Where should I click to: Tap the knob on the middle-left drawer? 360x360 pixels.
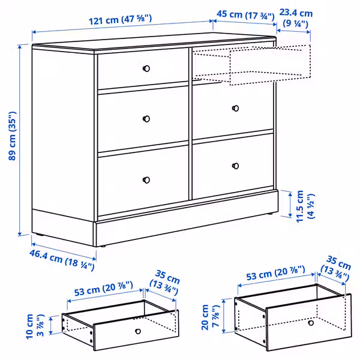tap(146, 119)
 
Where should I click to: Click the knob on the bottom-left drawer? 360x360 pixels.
tap(146, 178)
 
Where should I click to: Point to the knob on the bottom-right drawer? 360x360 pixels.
tap(235, 166)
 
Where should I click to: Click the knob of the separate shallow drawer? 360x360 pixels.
tap(137, 331)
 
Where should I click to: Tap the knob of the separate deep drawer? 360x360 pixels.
tap(310, 323)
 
